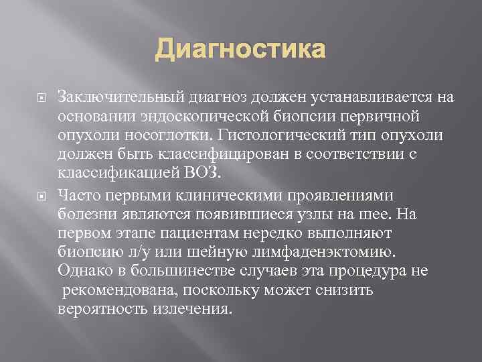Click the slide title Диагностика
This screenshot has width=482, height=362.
[x=241, y=50]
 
